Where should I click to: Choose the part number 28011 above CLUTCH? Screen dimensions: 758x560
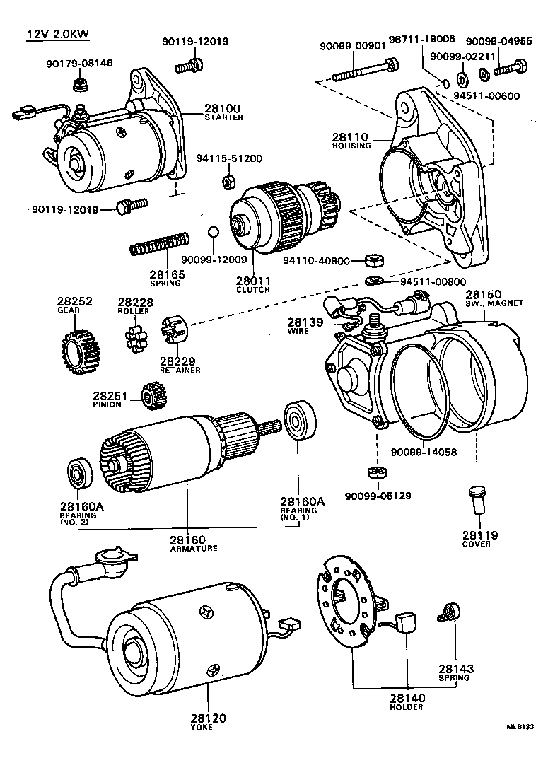click(252, 281)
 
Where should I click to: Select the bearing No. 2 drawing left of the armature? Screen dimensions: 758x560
click(77, 473)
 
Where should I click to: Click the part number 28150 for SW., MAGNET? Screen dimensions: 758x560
click(483, 294)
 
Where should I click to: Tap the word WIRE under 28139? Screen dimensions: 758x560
click(298, 331)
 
